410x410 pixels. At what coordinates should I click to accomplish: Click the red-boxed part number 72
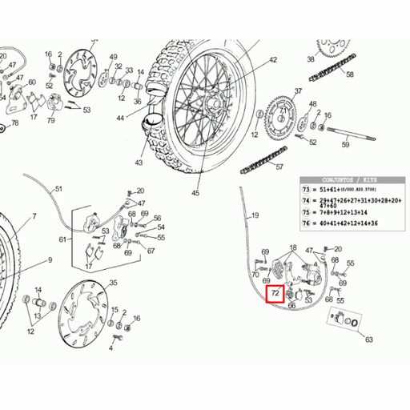[275, 295]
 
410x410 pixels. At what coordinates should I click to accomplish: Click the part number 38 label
[310, 58]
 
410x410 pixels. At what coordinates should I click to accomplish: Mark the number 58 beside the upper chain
[349, 74]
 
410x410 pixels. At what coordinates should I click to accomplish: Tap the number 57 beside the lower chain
[279, 167]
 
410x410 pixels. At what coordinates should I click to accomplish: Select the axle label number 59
[345, 145]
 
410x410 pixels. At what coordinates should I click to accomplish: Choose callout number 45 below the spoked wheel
[195, 192]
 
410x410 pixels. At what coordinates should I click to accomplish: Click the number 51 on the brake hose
[57, 190]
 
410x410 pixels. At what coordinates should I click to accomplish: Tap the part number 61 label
[62, 239]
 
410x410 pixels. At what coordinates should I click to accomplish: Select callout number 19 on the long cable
[255, 216]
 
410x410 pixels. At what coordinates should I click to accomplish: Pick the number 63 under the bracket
[369, 340]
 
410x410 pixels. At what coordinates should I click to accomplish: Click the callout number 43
[139, 163]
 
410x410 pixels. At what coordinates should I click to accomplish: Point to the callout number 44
[120, 118]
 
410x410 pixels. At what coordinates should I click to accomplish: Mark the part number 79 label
[50, 121]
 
